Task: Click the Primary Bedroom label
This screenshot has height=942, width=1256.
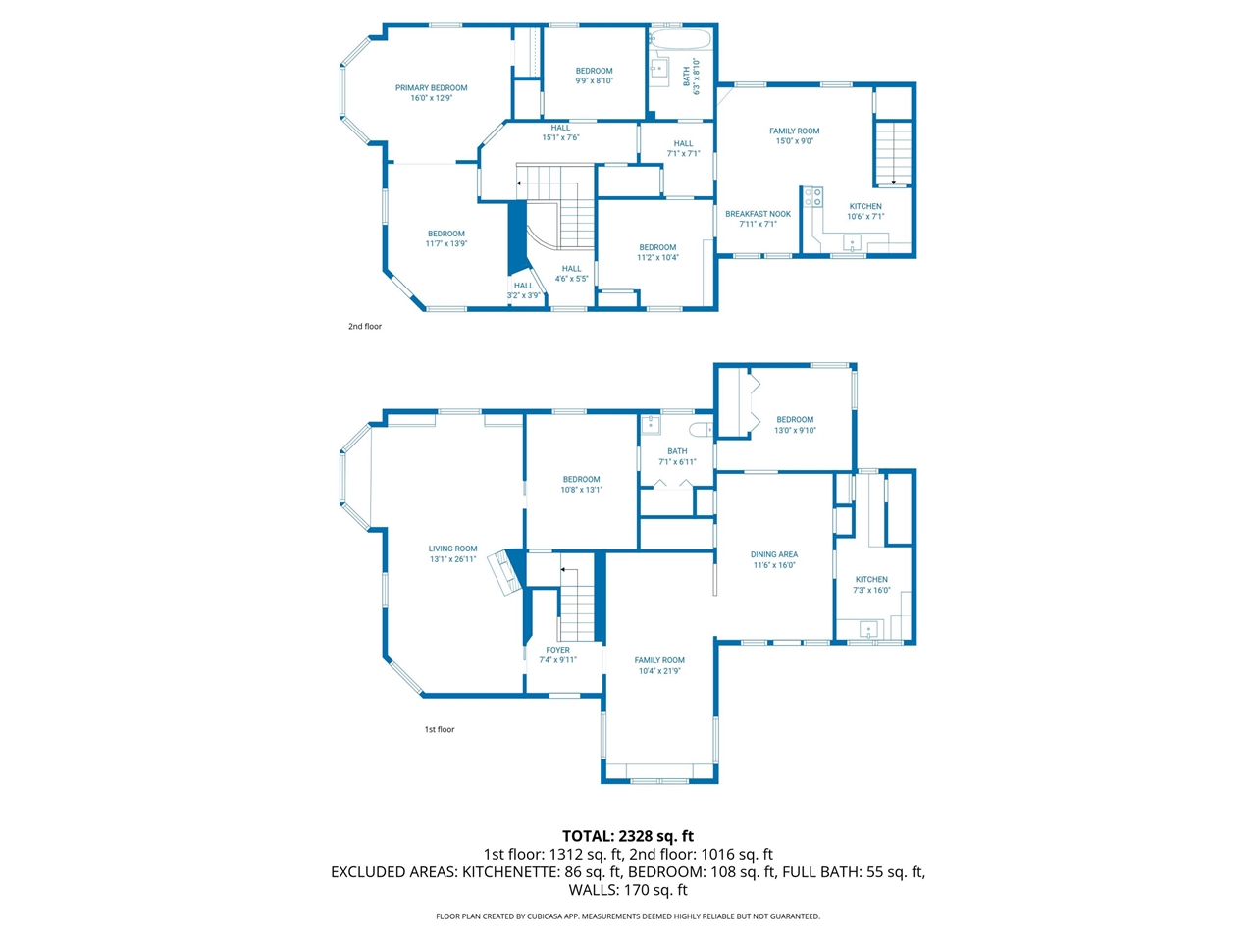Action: coord(431,88)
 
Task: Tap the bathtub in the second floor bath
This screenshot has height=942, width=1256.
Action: coord(680,39)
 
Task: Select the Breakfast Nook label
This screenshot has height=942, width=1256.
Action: coord(758,214)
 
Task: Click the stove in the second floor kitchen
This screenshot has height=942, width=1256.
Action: coord(812,197)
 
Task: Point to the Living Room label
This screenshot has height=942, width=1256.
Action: coord(452,549)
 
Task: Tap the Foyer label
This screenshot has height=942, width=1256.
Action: coord(557,650)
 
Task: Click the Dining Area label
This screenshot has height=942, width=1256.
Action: coord(774,554)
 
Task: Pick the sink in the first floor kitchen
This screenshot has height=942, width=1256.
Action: coord(867,628)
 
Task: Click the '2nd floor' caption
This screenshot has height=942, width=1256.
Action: coord(365,327)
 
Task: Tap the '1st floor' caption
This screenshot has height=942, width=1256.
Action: coord(440,730)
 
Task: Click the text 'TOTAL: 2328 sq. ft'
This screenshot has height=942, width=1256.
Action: coord(628,836)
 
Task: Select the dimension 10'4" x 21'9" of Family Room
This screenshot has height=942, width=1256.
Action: coord(659,671)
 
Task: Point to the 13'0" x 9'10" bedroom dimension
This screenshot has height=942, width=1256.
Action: coord(795,430)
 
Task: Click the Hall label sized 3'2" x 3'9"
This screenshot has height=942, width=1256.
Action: coord(524,286)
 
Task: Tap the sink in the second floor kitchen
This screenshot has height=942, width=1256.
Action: coord(853,243)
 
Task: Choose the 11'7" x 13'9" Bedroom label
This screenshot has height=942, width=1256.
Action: coord(446,234)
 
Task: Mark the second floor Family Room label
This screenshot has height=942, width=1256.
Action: coord(794,131)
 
